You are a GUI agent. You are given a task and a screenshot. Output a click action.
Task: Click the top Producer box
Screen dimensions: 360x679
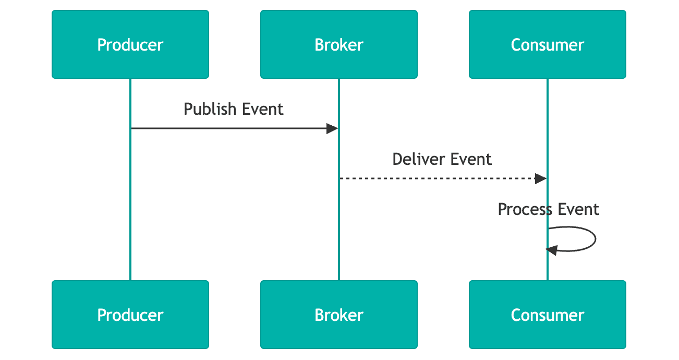[130, 44]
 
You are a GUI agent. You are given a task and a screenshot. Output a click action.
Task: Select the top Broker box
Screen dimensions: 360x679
[339, 44]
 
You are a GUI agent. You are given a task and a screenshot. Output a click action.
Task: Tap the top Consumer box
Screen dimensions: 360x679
[548, 44]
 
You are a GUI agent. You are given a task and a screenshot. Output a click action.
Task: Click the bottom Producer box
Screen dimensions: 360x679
[130, 315]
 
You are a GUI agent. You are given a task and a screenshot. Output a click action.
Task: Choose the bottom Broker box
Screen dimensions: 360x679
[339, 315]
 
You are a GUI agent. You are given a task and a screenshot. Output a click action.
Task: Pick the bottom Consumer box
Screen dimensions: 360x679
[548, 315]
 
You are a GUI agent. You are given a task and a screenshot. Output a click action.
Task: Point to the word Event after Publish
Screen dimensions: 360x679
[263, 109]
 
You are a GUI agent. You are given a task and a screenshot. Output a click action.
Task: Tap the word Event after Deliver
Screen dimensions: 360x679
[471, 159]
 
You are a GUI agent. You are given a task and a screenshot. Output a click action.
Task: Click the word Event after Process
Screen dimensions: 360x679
[579, 209]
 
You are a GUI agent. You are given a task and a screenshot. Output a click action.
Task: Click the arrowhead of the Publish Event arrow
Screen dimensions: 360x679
[332, 128]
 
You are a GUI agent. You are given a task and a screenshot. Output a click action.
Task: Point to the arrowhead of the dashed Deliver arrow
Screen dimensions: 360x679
[541, 178]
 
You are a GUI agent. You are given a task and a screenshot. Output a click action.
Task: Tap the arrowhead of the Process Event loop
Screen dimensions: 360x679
[552, 250]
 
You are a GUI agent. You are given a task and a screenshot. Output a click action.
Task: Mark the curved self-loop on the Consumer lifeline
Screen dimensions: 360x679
[595, 239]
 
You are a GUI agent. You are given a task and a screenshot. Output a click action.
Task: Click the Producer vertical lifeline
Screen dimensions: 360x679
[130, 209]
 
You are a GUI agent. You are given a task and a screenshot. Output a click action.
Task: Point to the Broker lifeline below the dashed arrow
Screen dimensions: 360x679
[339, 235]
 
